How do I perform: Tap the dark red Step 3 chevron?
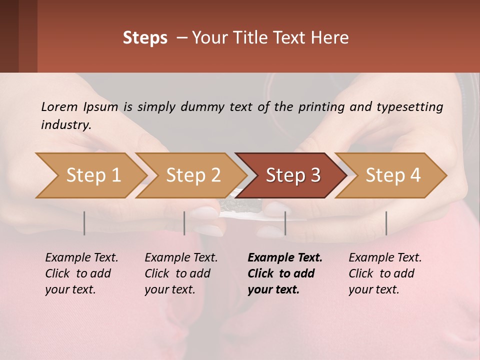[293, 175]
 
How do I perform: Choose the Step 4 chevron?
[393, 175]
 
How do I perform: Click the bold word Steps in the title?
[145, 38]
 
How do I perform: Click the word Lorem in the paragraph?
[59, 106]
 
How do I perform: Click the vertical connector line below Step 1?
[84, 223]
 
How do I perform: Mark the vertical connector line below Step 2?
[184, 223]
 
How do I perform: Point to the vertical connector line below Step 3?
[285, 223]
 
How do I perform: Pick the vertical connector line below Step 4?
[386, 223]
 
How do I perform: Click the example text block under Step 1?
[81, 273]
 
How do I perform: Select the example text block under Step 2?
[181, 273]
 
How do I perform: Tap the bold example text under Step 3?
[285, 273]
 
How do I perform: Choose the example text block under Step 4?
[385, 273]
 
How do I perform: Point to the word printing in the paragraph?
[319, 106]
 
